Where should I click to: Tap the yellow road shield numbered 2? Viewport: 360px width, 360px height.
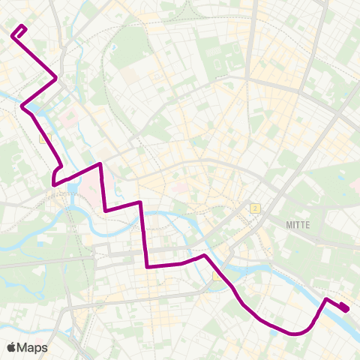(x=255, y=208)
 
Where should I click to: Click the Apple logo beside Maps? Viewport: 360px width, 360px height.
(x=11, y=347)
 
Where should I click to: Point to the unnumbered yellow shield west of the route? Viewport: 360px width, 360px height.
(x=43, y=137)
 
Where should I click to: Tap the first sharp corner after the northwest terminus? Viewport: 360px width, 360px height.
(x=56, y=78)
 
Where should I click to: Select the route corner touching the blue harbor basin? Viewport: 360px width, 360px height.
(x=24, y=108)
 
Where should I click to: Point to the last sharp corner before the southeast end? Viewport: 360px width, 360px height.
(x=326, y=299)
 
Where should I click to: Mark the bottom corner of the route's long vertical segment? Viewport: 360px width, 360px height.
(x=147, y=265)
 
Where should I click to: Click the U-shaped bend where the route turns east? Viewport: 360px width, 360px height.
(x=54, y=180)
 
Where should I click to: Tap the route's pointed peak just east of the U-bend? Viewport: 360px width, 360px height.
(x=100, y=163)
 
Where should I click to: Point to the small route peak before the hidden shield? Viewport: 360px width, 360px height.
(x=203, y=256)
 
